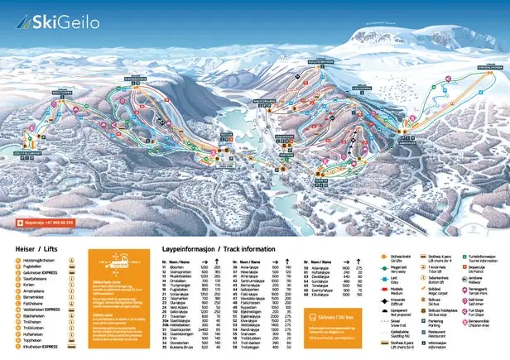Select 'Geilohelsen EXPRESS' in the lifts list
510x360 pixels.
[41, 275]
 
